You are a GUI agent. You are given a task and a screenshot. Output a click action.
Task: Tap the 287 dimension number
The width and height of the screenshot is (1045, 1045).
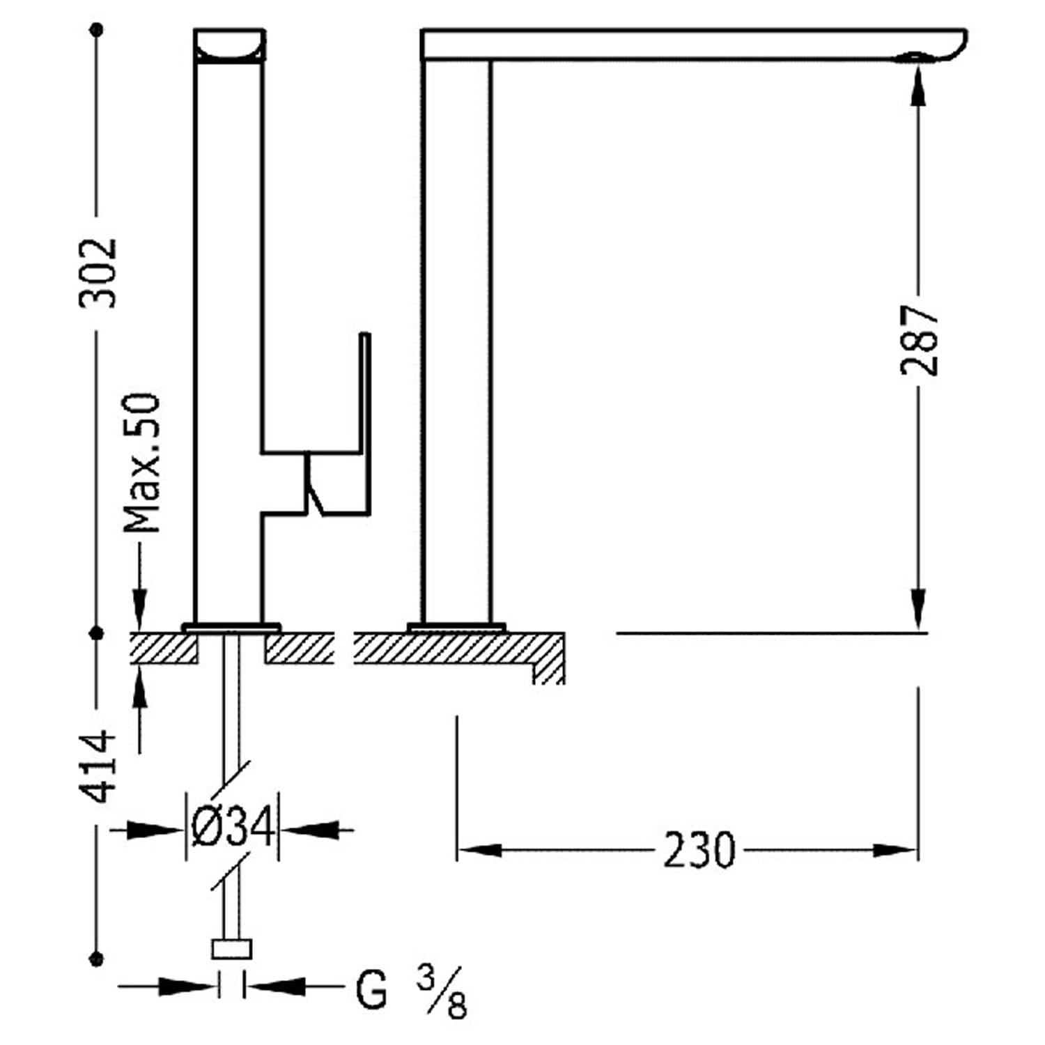920,341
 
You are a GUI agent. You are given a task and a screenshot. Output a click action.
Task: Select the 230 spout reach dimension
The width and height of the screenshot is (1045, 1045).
699,850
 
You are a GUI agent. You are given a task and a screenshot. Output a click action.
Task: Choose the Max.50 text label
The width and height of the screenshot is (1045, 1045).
142,463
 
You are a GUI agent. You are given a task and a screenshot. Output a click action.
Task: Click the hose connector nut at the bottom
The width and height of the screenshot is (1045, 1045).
231,949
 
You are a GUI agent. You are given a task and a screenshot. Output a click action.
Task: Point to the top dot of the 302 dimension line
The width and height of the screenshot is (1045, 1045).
98,30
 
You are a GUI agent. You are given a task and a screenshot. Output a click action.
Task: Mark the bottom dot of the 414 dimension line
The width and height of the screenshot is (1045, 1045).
98,959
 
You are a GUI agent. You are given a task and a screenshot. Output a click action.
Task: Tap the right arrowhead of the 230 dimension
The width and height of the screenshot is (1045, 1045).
895,850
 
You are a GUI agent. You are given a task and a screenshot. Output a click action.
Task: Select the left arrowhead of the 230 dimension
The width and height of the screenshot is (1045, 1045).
479,850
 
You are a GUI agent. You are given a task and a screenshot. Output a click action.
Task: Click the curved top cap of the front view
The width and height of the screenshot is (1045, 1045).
229,46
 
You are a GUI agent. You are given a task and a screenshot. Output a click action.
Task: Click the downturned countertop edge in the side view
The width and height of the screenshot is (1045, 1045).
549,658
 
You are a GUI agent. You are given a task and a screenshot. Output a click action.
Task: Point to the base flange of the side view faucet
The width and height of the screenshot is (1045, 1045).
457,628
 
